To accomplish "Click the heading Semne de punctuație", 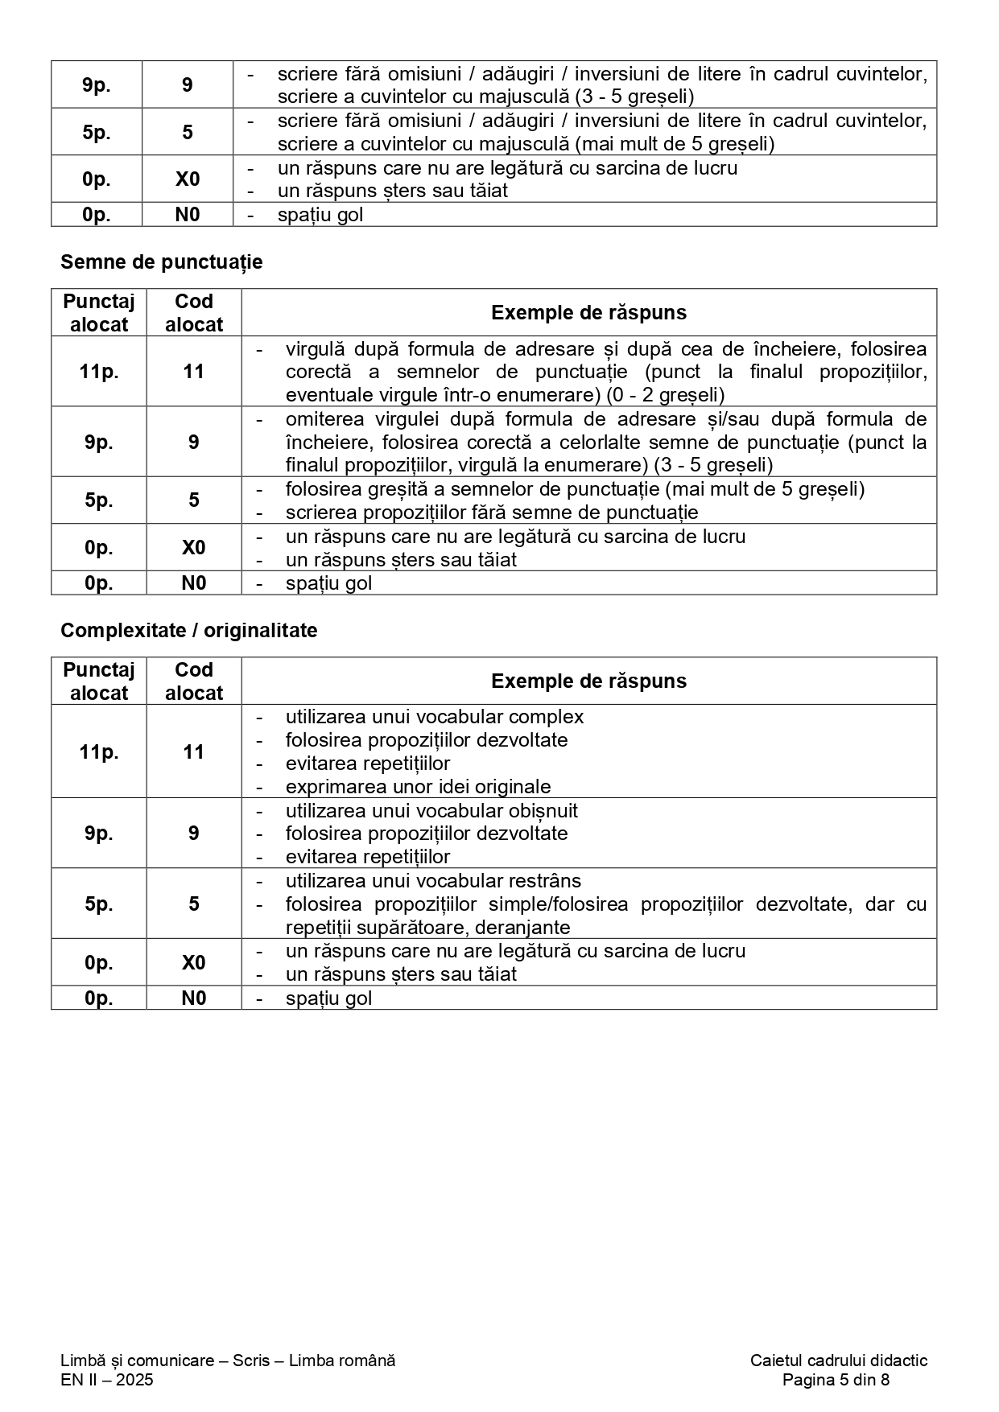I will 161,262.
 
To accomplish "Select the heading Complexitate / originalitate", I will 188,630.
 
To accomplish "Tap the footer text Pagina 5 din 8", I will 836,1380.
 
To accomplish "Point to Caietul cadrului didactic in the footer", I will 838,1361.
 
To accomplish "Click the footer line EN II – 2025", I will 106,1380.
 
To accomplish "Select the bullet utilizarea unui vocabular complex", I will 434,717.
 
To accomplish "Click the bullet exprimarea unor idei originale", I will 418,787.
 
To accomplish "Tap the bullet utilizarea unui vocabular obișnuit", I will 431,810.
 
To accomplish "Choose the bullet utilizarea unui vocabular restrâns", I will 432,881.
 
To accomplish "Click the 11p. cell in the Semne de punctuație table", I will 99,372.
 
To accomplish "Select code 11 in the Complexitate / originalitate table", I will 193,751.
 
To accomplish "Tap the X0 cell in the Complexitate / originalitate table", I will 193,962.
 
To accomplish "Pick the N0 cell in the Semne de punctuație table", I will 193,583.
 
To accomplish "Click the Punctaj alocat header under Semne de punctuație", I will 99,313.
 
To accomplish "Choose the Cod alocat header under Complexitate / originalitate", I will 193,681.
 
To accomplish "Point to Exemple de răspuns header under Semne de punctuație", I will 588,313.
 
